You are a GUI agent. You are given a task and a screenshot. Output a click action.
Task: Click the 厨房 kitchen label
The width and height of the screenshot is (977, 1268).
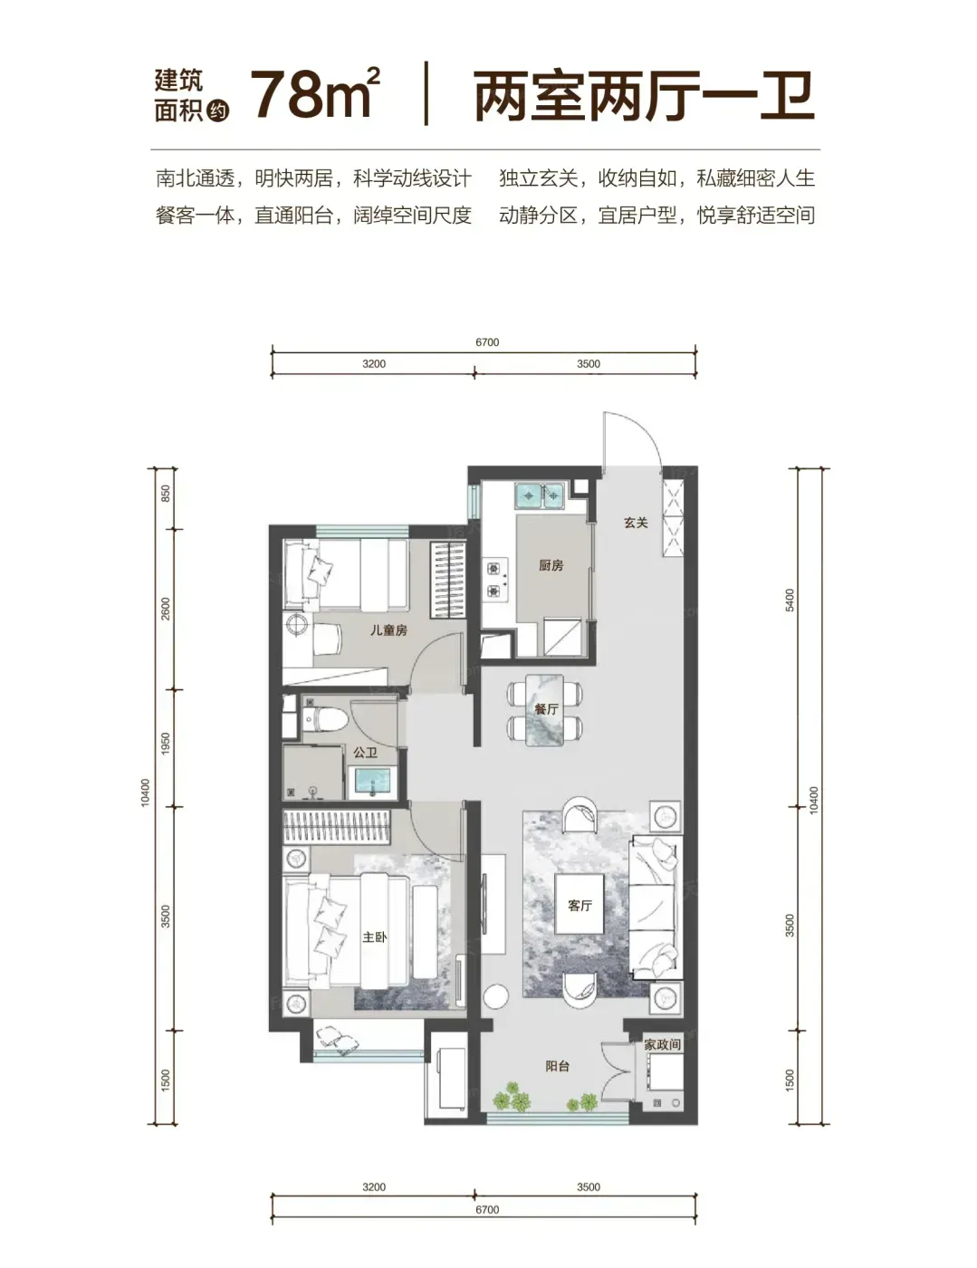551,565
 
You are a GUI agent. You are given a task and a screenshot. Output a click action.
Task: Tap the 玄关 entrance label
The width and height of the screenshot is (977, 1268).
636,523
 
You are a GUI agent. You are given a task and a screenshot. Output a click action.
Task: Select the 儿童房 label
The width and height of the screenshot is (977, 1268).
388,630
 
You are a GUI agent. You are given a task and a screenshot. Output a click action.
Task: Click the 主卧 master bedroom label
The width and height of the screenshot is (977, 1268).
375,937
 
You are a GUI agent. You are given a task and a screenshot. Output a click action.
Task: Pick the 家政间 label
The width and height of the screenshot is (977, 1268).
662,1044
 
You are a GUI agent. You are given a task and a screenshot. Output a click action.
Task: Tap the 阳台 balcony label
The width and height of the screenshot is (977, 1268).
557,1066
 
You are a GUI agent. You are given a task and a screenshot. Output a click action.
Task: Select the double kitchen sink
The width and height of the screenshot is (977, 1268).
539,496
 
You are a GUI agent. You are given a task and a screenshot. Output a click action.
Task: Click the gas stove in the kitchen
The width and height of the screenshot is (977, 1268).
495,579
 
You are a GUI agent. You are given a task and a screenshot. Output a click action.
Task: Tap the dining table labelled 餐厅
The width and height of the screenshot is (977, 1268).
545,709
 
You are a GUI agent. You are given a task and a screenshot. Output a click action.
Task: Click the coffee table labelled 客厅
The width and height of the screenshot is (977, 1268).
579,904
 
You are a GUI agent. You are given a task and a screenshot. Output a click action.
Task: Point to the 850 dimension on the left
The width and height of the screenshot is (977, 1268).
166,495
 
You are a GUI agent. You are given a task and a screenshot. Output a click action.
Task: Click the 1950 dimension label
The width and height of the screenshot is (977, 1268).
166,744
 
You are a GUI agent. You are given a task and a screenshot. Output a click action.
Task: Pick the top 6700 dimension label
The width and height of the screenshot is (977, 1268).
487,342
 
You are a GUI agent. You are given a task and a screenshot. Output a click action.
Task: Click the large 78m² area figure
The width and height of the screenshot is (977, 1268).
315,93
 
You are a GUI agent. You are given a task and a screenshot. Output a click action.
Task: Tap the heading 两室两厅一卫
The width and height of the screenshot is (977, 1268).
644,97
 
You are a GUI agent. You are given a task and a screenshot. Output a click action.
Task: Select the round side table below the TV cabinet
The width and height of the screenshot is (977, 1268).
496,994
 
